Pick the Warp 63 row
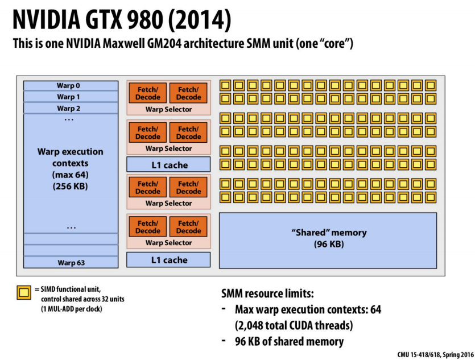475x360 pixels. click(71, 262)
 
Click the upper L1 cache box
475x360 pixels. click(168, 165)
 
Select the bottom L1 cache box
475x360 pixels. click(168, 260)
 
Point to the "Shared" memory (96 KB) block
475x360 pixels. click(328, 239)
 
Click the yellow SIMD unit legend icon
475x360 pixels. click(23, 293)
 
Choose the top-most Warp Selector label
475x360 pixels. click(168, 109)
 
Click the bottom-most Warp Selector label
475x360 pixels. click(168, 243)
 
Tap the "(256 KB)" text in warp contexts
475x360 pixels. click(71, 185)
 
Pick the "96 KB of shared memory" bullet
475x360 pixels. click(289, 341)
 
